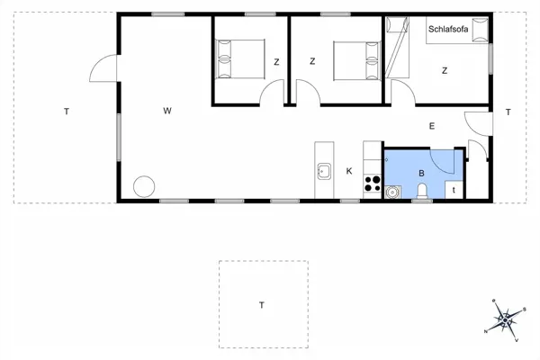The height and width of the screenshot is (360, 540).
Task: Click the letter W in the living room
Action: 167,112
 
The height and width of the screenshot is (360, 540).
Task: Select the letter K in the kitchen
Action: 349,170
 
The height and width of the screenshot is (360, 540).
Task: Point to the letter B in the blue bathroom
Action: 420,173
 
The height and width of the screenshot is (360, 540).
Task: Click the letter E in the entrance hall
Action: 432,127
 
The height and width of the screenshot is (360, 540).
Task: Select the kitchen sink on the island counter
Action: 324,168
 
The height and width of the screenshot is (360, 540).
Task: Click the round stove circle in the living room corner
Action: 144,187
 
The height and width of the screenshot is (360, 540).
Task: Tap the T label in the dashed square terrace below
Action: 262,306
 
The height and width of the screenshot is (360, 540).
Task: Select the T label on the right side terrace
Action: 508,112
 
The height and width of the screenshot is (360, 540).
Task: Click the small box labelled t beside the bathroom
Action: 454,190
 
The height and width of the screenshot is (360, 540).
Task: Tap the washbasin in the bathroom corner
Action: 392,192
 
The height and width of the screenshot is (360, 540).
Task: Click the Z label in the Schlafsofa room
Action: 445,69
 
